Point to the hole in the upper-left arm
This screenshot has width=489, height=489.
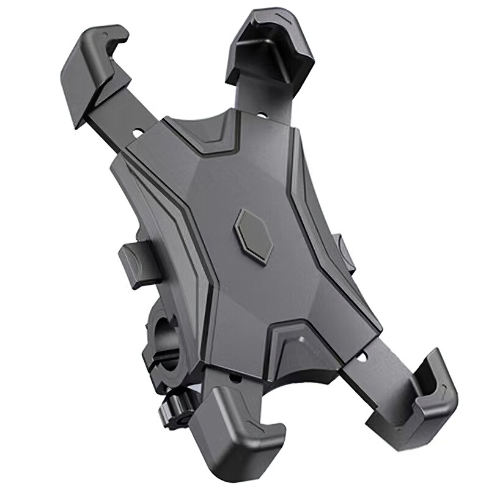coord(136,131)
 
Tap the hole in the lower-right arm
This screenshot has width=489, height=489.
coord(365,355)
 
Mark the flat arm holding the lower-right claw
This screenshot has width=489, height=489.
coord(373,367)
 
